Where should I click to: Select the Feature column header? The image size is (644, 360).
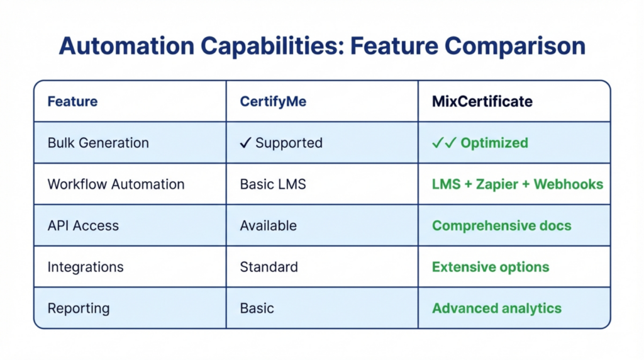72,101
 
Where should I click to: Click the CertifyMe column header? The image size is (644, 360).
273,101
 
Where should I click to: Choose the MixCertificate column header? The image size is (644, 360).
482,101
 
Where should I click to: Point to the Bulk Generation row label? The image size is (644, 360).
98,143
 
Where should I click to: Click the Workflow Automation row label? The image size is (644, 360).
116,184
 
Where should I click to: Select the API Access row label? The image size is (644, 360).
83,226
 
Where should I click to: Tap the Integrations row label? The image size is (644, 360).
86,267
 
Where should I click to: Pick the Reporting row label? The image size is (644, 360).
79,308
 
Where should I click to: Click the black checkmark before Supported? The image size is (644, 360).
245,143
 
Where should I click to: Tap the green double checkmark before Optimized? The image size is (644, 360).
443,143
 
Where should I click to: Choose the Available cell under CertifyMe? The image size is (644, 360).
268,226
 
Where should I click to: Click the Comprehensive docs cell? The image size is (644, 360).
501,226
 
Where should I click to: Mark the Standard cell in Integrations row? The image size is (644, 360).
269,267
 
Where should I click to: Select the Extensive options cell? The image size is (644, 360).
490,267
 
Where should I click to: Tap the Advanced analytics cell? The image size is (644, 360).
496,308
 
